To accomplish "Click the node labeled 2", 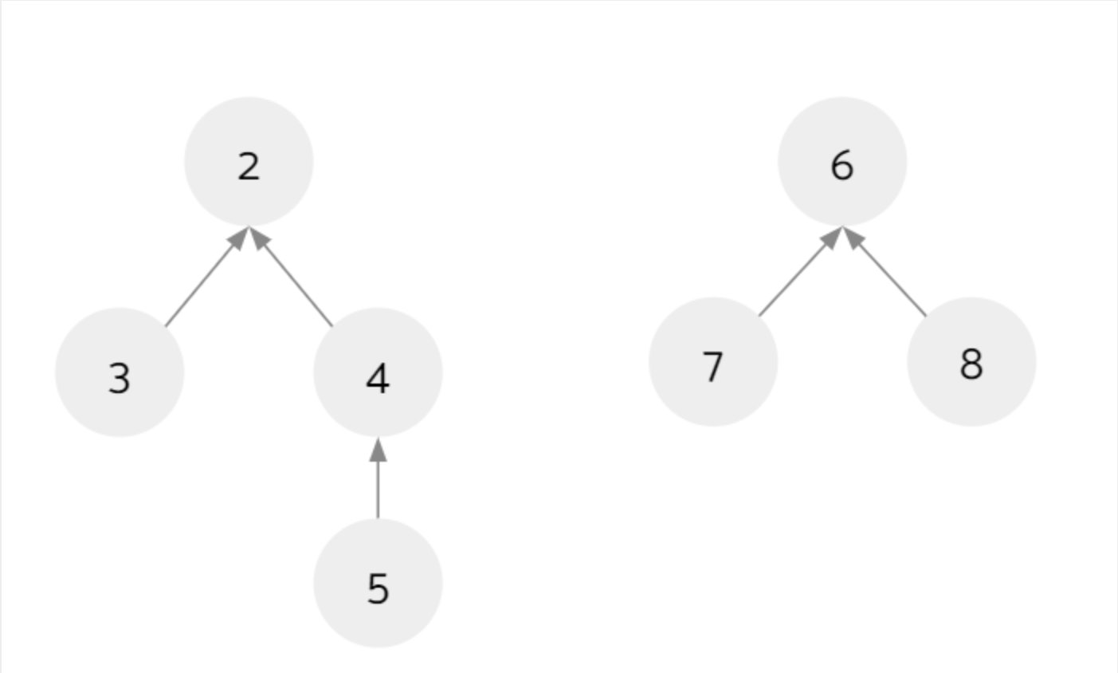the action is coord(249,162).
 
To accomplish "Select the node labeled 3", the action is coord(120,372).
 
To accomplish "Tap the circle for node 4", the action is coord(378,372).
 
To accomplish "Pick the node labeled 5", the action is coord(378,583).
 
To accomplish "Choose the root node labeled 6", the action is coord(842,162).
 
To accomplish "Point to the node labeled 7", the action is coord(713,361).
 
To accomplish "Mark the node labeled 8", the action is coord(971,361).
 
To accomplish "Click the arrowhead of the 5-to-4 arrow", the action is coord(378,450).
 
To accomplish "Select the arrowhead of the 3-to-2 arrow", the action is coord(237,238).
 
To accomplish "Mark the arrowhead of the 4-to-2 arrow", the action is coord(260,238).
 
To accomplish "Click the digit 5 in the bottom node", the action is coord(378,588).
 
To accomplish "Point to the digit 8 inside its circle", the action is coord(971,364).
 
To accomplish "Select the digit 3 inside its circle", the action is coord(120,379).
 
